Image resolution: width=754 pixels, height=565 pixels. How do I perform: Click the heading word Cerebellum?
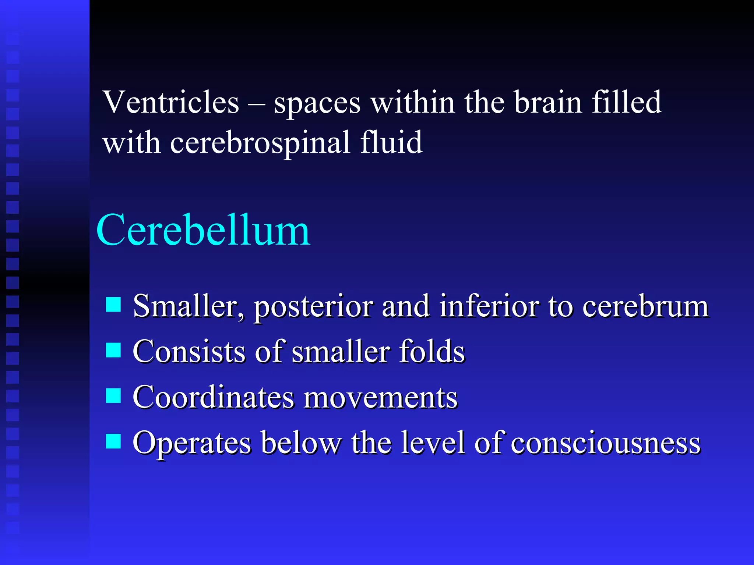coord(203,231)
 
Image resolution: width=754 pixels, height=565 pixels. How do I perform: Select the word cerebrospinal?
coord(260,143)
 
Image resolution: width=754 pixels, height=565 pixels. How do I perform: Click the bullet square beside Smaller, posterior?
coord(113,305)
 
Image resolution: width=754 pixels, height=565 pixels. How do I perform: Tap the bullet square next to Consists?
coord(113,350)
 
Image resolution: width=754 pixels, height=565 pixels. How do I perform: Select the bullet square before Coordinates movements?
coord(113,396)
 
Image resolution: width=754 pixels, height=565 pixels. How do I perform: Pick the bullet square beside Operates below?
coord(113,441)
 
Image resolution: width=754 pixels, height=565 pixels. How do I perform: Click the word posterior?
coord(313,307)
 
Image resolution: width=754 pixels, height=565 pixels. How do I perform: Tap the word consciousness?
coord(606,443)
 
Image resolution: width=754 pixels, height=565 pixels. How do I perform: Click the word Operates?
coord(192,444)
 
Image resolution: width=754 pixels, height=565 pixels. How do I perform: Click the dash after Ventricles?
coord(256,103)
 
